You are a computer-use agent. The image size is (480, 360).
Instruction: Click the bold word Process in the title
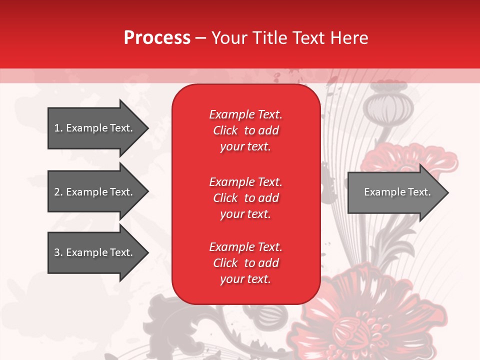pos(157,38)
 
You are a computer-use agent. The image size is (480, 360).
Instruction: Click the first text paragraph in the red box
pos(245,130)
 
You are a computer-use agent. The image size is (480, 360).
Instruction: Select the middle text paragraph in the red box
pos(245,198)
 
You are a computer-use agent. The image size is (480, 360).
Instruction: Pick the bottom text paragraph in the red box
pos(245,263)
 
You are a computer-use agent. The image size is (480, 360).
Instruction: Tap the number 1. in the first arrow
pos(58,128)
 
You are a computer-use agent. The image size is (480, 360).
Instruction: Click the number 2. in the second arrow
pos(58,192)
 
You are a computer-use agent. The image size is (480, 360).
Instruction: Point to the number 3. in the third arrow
pos(58,252)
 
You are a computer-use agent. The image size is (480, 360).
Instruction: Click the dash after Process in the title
pos(201,38)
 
